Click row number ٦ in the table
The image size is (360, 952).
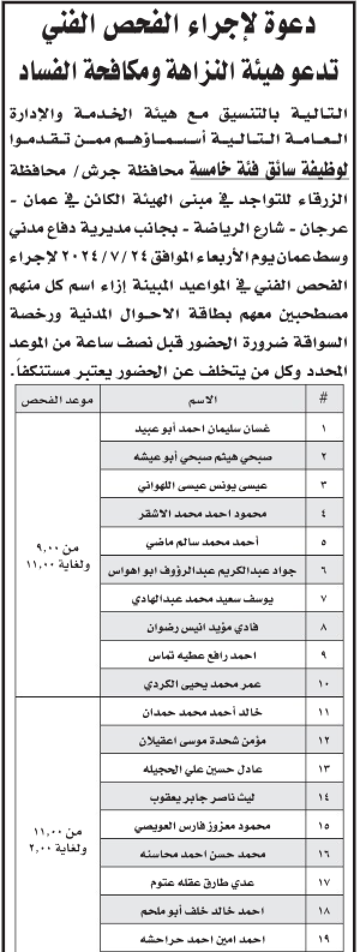tap(324, 573)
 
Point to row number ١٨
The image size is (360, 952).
tap(324, 910)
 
